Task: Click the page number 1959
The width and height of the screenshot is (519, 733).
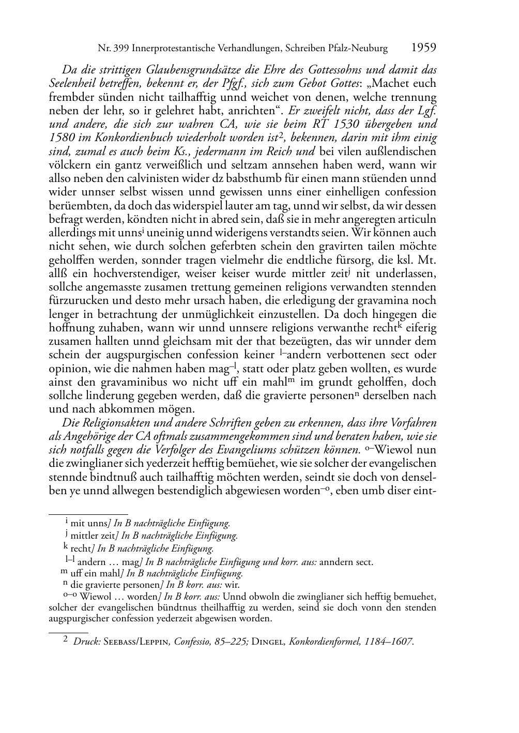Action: click(x=423, y=48)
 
